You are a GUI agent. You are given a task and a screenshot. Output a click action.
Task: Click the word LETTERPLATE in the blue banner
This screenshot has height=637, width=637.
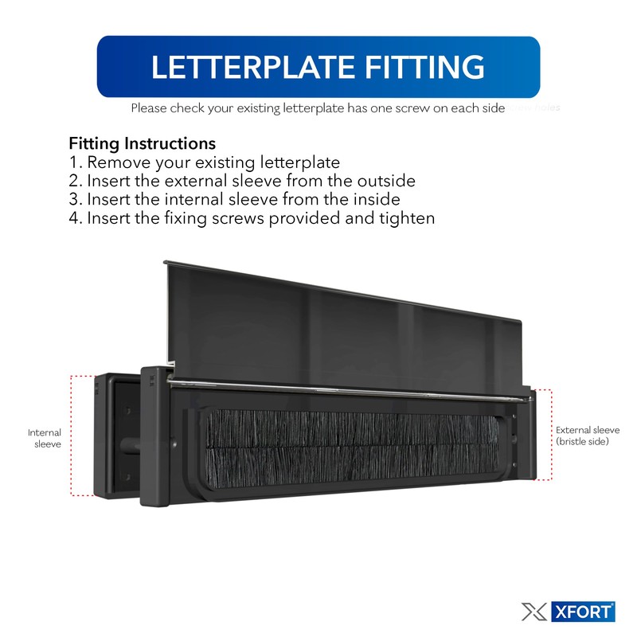coord(239,67)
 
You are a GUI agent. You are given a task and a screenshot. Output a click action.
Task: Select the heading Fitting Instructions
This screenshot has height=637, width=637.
coord(142,144)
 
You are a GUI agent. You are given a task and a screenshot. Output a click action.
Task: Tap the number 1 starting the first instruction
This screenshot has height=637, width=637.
coord(74,163)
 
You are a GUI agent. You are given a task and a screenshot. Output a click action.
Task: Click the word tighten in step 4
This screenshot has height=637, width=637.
coord(407,217)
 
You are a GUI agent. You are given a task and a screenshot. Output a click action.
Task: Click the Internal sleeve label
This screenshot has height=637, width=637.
coord(45,439)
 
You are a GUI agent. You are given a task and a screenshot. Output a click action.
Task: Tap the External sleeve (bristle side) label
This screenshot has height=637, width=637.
coord(587,435)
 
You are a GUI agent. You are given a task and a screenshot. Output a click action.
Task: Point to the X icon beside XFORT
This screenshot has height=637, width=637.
coord(533,612)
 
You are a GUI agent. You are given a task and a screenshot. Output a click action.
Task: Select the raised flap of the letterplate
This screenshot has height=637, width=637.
coord(342,318)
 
